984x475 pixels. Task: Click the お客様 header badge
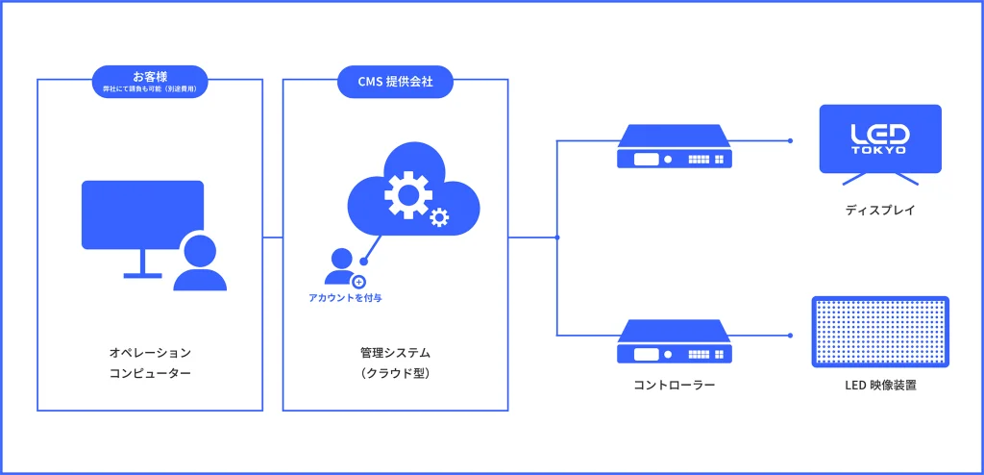coord(149,80)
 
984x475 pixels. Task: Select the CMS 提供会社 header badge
coord(395,82)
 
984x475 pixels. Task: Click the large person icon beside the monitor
coord(200,263)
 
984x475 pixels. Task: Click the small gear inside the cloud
coord(439,218)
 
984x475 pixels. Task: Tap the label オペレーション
coord(150,353)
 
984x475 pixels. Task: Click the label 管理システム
coord(395,353)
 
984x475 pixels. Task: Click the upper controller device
coord(673,148)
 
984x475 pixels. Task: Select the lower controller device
coord(673,342)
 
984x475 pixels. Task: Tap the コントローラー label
coord(674,385)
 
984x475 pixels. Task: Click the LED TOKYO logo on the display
coord(879,137)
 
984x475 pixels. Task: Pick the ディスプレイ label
coord(879,209)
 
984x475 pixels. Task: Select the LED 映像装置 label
coord(879,386)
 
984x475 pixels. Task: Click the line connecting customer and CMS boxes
coord(273,237)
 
